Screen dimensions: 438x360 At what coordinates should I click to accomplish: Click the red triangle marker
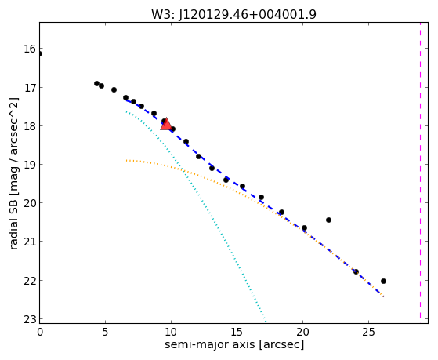(166, 124)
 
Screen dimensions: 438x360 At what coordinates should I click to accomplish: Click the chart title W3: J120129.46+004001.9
(233, 15)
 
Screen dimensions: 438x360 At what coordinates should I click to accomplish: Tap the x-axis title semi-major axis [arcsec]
(234, 344)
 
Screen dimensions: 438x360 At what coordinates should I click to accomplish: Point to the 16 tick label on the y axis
(30, 49)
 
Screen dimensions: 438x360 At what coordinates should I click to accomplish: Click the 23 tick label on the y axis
(30, 319)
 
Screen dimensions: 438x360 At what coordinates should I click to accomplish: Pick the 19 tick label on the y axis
(30, 165)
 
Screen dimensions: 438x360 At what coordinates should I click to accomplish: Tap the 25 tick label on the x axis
(368, 332)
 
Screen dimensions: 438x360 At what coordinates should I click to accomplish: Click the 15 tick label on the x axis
(237, 332)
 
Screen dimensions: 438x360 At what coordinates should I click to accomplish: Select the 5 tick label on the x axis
(105, 332)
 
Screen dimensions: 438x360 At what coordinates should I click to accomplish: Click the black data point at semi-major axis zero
(40, 53)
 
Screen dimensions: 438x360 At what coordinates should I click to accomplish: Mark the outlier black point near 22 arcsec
(328, 220)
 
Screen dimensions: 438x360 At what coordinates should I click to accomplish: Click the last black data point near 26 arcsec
(383, 281)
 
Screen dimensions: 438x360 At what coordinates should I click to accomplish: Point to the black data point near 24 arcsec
(356, 271)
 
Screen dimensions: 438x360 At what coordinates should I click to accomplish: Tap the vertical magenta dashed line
(420, 170)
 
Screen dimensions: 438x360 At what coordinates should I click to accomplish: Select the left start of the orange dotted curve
(126, 161)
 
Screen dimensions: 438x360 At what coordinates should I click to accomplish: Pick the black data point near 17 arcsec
(261, 198)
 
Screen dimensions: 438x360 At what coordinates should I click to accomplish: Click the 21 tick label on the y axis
(30, 242)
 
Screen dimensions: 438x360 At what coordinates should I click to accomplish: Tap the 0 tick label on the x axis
(40, 332)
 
